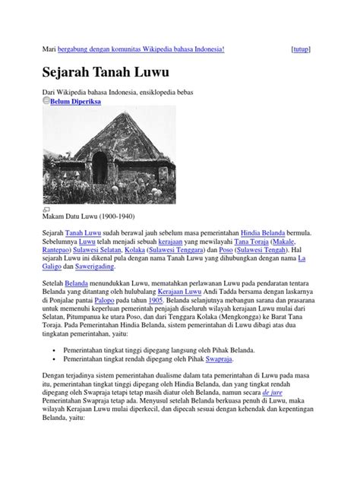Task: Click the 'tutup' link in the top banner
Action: click(301, 49)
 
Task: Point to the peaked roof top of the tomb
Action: click(99, 115)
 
